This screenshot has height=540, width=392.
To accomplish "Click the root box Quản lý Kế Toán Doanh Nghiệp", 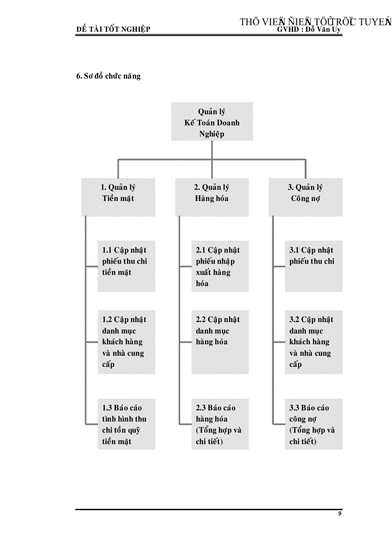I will tap(212, 122).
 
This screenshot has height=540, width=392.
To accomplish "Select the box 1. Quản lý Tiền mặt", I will tap(118, 197).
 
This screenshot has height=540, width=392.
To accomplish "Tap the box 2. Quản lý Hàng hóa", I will tap(212, 197).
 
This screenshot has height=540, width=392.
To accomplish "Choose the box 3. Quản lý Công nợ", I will tap(306, 197).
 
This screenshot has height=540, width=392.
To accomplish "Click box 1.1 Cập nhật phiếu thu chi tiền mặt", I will tap(126, 266).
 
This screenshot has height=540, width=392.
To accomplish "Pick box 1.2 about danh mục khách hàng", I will tap(126, 341).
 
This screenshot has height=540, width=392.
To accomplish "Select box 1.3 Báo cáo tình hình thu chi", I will tap(126, 424).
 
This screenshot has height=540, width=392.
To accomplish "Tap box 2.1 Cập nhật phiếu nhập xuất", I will tap(220, 266).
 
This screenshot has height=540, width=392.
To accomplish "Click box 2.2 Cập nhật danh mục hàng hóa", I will tap(220, 341).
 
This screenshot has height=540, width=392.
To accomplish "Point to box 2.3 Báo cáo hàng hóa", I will tap(220, 424).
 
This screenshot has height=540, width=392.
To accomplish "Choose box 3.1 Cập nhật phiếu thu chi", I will tap(314, 266).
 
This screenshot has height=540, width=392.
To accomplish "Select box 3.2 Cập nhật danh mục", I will tap(314, 341).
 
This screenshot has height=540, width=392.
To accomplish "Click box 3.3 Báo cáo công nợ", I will tap(314, 424).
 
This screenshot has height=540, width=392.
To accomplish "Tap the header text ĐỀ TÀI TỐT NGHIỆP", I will tap(113, 29).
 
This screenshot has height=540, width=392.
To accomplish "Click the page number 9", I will tap(340, 514).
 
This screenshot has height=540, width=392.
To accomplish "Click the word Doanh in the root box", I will tap(228, 123).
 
